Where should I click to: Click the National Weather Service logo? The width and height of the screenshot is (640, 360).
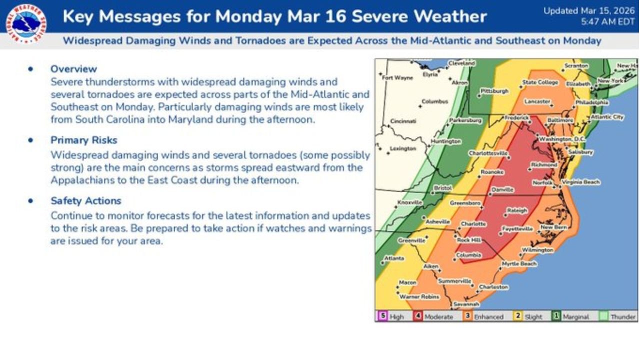click(26, 23)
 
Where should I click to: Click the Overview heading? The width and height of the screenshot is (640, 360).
click(73, 69)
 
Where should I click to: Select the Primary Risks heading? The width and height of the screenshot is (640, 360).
click(83, 140)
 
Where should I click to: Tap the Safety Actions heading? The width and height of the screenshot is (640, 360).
click(85, 200)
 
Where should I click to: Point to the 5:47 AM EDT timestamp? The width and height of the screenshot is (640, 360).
click(607, 22)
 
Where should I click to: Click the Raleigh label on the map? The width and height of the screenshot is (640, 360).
click(517, 211)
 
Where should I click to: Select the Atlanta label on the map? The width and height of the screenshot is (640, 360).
click(394, 258)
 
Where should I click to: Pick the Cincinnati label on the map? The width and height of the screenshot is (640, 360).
click(403, 121)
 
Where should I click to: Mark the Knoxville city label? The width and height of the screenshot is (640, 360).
click(409, 202)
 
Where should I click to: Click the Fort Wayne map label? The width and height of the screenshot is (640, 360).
click(397, 77)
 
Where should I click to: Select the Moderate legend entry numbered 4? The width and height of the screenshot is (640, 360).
click(433, 316)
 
